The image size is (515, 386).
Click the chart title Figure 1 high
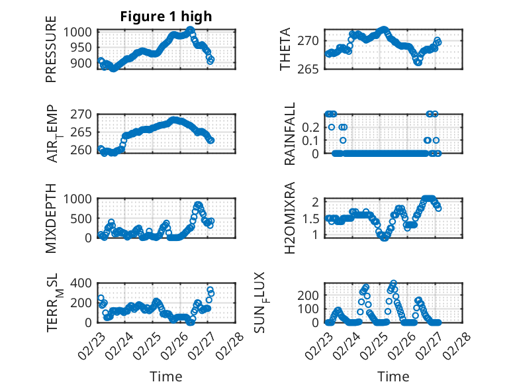point(166,17)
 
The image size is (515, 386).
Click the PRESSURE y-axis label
point(51,53)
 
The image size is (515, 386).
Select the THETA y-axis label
point(286,50)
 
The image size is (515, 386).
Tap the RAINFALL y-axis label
point(290,134)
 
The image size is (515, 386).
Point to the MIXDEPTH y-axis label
point(51,218)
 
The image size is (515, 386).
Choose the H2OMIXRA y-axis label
point(290,218)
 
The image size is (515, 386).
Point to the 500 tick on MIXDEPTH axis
point(86,218)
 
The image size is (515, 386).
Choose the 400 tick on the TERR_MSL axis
point(86,283)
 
